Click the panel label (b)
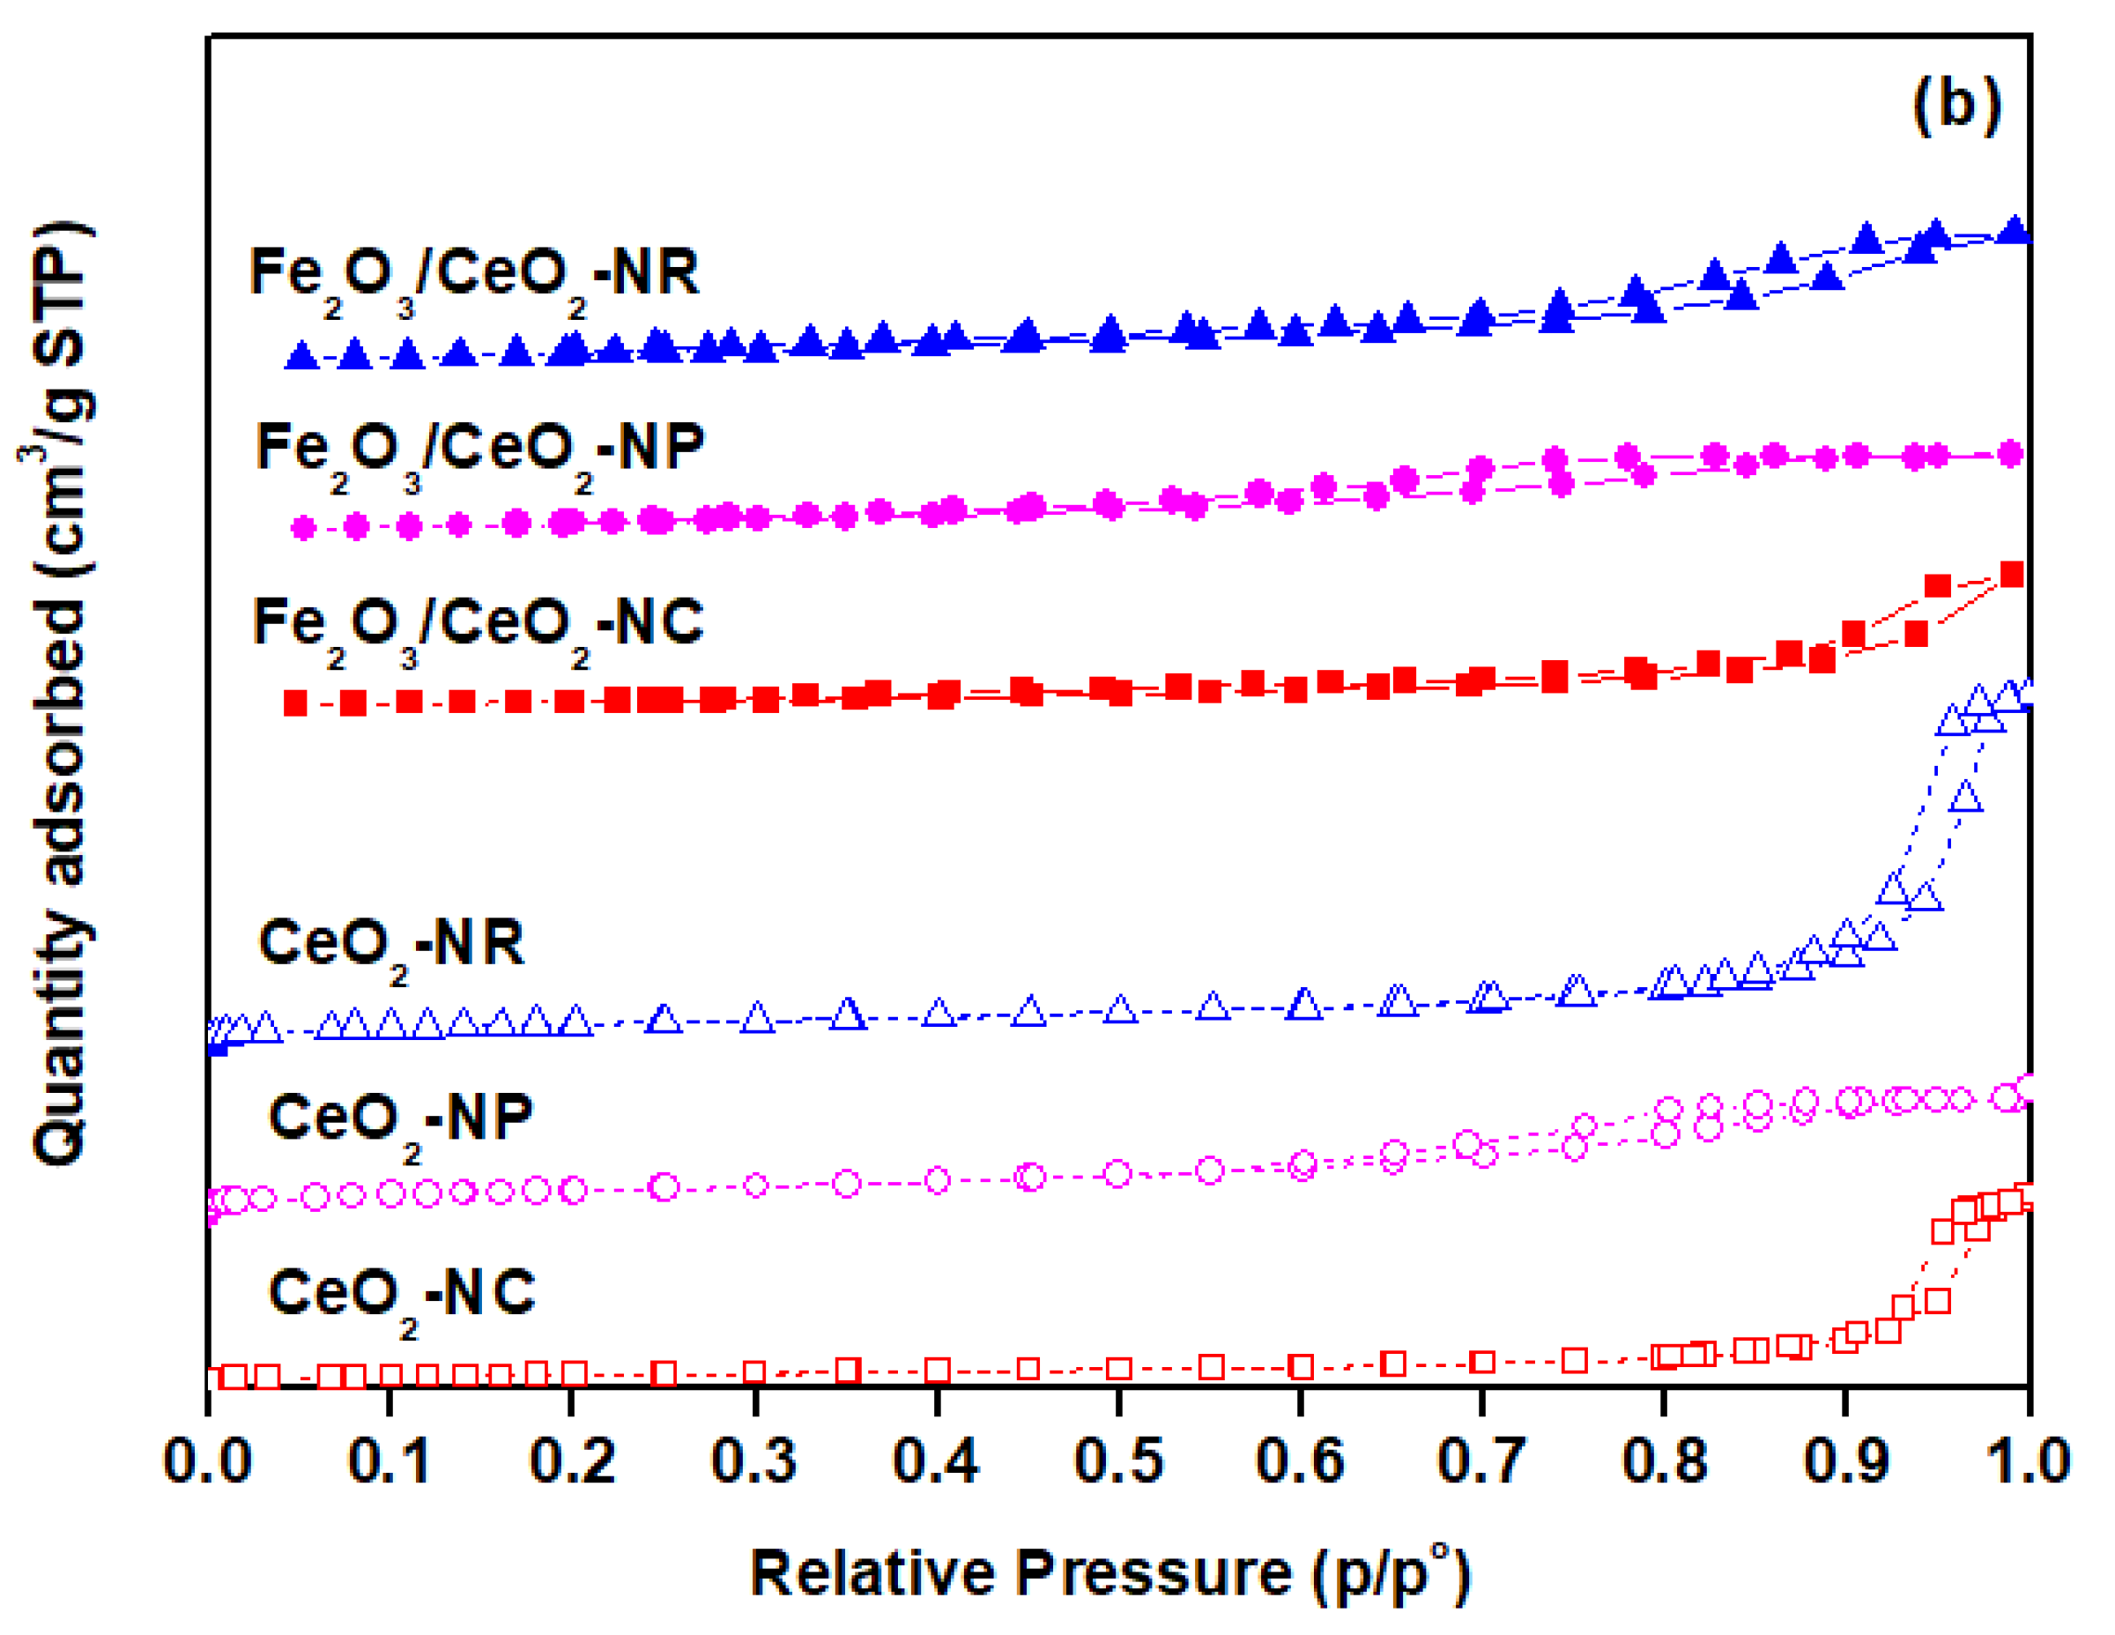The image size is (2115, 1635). pyautogui.click(x=1956, y=104)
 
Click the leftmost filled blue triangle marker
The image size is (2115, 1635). pyautogui.click(x=302, y=356)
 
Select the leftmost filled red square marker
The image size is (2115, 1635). pyautogui.click(x=295, y=703)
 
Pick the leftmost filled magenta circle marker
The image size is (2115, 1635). pyautogui.click(x=304, y=528)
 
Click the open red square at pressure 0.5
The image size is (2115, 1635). pyautogui.click(x=1118, y=1369)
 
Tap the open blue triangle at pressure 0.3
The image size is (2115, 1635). pyautogui.click(x=757, y=1019)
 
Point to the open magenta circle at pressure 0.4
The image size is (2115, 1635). pyautogui.click(x=938, y=1180)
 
